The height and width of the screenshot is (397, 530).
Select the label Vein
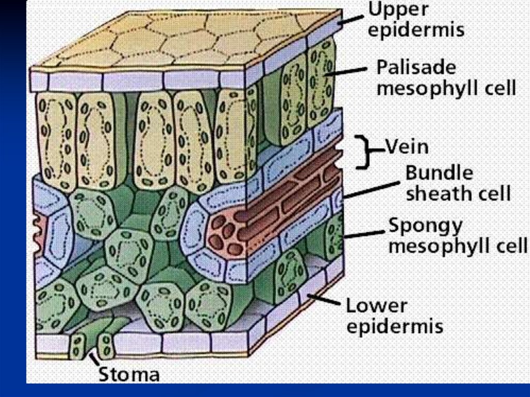click(x=407, y=147)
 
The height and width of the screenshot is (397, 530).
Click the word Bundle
click(x=439, y=172)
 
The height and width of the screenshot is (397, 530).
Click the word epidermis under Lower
click(x=394, y=327)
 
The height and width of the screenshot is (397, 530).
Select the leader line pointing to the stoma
click(x=95, y=359)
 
